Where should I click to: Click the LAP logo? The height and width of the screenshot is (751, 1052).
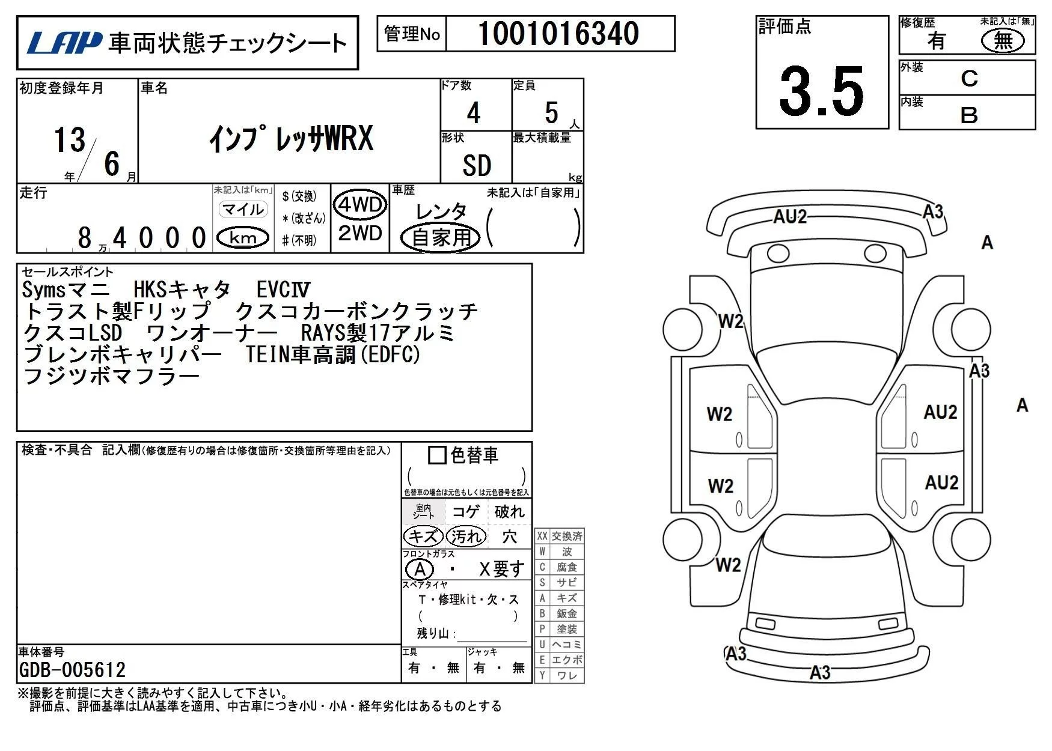(x=64, y=42)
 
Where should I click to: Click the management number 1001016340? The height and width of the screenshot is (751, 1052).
(x=558, y=34)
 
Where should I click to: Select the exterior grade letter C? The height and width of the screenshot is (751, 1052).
(x=969, y=79)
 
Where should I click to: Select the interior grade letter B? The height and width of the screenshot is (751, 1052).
(x=969, y=115)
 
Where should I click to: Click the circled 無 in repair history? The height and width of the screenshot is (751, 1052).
(x=1003, y=41)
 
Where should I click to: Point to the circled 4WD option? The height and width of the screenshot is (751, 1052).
(x=360, y=205)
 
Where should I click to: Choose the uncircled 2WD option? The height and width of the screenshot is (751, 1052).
(x=360, y=233)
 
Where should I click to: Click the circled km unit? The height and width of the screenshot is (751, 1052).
(x=243, y=238)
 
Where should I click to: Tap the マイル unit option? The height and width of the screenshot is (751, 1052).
(x=243, y=209)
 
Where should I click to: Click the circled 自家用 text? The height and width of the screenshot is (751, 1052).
(x=441, y=237)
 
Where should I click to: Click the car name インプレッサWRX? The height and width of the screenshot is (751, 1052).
(x=291, y=139)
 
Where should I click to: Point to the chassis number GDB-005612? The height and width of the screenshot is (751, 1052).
(x=73, y=670)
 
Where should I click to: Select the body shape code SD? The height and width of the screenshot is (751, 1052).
(x=477, y=165)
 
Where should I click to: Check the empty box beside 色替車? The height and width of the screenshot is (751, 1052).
(x=437, y=455)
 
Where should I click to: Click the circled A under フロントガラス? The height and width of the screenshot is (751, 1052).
(x=420, y=569)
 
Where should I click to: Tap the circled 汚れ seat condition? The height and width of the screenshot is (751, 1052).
(x=466, y=536)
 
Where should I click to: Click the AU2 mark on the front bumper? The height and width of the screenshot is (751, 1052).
(x=790, y=216)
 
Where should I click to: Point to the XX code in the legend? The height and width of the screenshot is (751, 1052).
(x=542, y=536)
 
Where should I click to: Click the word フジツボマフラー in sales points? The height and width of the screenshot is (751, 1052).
(x=111, y=377)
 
